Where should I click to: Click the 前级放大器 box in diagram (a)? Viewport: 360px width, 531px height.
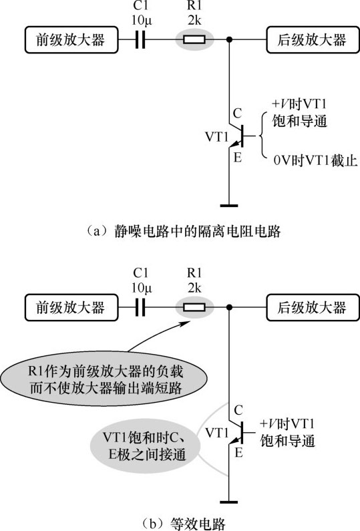(x=71, y=40)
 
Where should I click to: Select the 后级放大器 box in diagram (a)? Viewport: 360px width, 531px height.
(x=313, y=40)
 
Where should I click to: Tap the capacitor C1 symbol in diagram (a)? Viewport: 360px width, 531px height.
(x=140, y=39)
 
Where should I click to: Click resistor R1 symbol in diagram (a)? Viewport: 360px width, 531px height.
(x=194, y=39)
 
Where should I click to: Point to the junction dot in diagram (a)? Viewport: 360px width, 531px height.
(x=229, y=39)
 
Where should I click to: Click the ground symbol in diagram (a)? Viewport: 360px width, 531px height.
(x=229, y=205)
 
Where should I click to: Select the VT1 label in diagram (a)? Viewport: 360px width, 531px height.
(x=217, y=137)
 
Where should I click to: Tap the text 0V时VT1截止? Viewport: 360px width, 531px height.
(x=315, y=161)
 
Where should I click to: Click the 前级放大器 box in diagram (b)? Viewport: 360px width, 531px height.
(x=71, y=307)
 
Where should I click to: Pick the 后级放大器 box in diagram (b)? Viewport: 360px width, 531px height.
(x=313, y=307)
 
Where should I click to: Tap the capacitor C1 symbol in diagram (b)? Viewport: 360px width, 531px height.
(x=140, y=307)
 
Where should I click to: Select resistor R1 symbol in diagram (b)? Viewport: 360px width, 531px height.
(x=194, y=307)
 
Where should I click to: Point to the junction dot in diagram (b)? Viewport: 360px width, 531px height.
(x=229, y=307)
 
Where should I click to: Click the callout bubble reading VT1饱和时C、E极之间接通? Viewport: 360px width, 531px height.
(x=145, y=445)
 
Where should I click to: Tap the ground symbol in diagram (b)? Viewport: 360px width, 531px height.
(x=229, y=502)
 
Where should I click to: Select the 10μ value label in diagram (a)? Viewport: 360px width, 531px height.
(x=142, y=21)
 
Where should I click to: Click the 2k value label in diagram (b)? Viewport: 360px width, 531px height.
(x=194, y=288)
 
